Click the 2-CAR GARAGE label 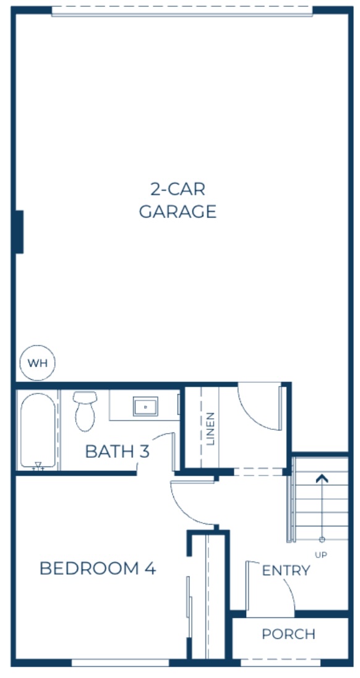pos(178,200)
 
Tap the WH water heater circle pos(38,363)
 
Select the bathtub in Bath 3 pos(38,431)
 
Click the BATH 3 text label pos(117,452)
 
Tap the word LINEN pos(211,428)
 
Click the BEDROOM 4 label pos(97,568)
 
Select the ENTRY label pos(286,570)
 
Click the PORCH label pos(288,634)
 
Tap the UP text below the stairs pos(321,555)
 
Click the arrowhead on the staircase pos(321,478)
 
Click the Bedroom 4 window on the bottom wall pos(120,662)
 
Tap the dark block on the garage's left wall pos(19,231)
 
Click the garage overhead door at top pos(182,11)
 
